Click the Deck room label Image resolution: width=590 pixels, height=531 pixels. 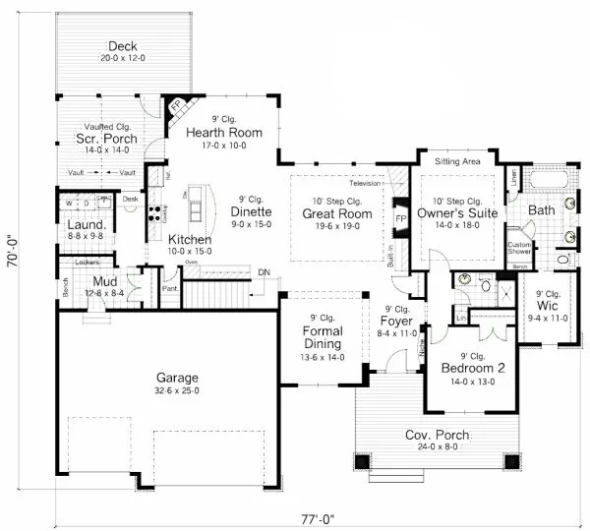coord(122,45)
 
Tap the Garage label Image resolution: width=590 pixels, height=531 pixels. coord(177,378)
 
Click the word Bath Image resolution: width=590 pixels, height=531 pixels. coord(542,210)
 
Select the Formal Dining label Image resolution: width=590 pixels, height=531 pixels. coord(322,337)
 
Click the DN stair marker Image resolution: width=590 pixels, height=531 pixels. coord(263,272)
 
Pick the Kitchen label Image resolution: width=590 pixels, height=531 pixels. coord(189,240)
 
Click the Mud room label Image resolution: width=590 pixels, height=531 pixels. coord(106,281)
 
